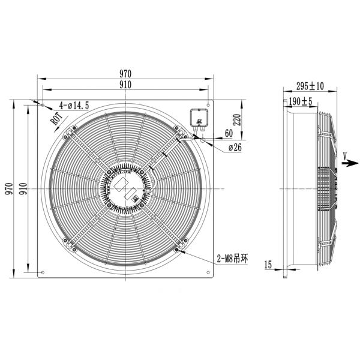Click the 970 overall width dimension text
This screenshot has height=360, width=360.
125,74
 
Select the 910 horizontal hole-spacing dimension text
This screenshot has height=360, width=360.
125,85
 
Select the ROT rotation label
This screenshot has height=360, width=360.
58,117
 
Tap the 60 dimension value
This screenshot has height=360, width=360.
229,133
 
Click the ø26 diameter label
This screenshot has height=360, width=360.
235,148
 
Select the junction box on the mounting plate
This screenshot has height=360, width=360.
199,116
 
